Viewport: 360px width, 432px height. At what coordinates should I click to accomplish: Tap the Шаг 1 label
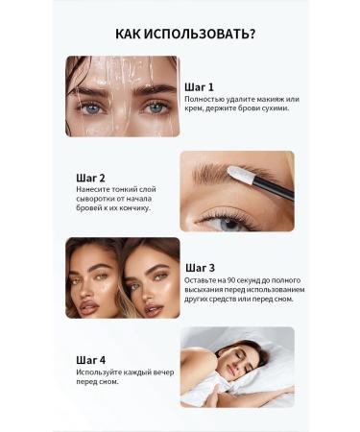[199, 86]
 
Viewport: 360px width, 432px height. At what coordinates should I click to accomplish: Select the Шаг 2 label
[90, 178]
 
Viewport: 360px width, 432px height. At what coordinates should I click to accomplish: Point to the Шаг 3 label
[200, 267]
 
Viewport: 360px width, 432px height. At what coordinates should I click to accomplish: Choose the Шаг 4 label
[90, 358]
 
